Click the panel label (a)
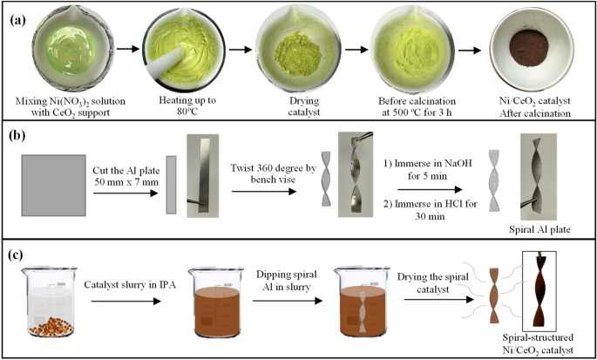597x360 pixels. coord(18,16)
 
